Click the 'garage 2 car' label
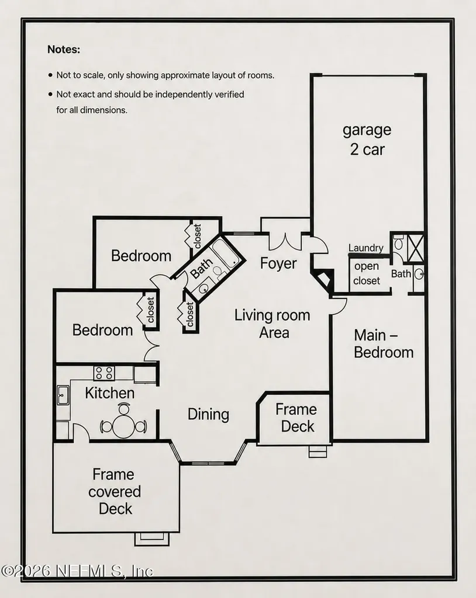click(367, 140)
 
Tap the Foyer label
click(278, 263)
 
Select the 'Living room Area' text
click(273, 324)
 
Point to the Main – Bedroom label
click(384, 343)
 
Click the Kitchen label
click(109, 393)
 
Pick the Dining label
click(208, 415)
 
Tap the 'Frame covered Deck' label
click(115, 492)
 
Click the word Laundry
click(365, 248)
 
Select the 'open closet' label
click(367, 273)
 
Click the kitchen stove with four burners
click(104, 373)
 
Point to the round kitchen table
click(123, 426)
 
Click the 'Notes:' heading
click(64, 50)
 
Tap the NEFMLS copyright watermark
click(77, 571)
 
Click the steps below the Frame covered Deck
click(151, 538)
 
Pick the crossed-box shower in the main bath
click(415, 248)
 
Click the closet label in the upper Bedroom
click(198, 237)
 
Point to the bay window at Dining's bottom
click(208, 463)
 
